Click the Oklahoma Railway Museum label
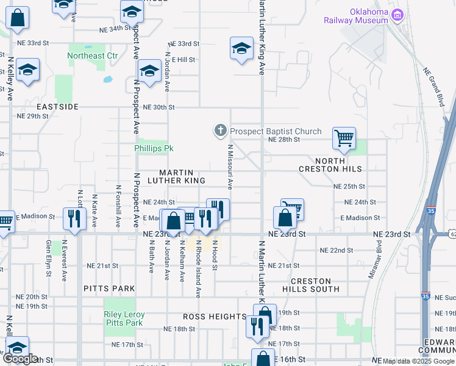click(x=368, y=16)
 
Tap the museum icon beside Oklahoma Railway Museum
click(x=398, y=14)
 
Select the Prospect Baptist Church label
click(x=276, y=131)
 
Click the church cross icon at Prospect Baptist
click(x=220, y=130)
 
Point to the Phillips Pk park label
click(x=154, y=148)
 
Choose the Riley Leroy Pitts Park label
click(x=124, y=318)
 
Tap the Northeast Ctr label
click(x=93, y=56)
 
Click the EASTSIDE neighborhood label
click(x=57, y=106)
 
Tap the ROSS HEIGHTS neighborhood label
click(x=215, y=317)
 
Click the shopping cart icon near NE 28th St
click(x=344, y=138)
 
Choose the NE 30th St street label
click(x=159, y=107)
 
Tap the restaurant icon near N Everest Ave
click(x=74, y=218)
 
